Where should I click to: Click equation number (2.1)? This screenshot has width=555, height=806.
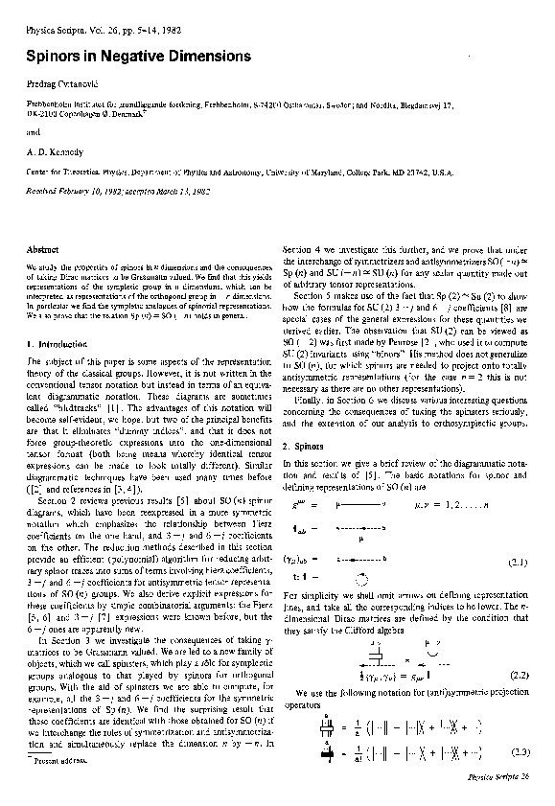coord(519,563)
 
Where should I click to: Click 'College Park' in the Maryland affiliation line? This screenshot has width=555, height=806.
coord(414,171)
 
